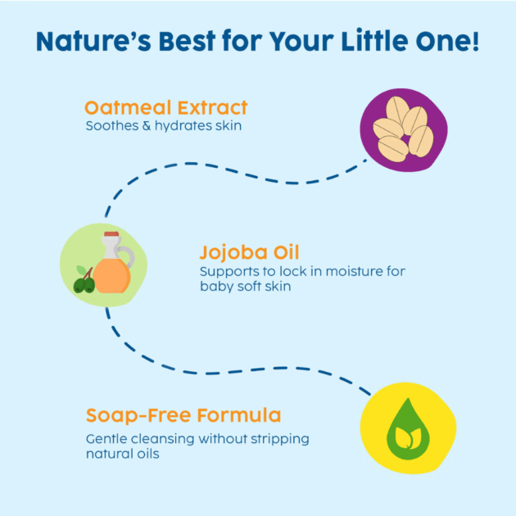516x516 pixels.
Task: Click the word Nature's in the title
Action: [x=93, y=41]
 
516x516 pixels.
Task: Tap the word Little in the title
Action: [x=374, y=41]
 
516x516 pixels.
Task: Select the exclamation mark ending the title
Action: [x=475, y=41]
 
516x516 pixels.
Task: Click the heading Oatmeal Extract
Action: [x=166, y=107]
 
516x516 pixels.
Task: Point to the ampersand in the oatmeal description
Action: [x=147, y=125]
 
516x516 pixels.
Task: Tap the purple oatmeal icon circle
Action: [x=404, y=130]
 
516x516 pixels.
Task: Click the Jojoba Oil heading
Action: [x=249, y=252]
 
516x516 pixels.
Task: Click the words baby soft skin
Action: [x=246, y=286]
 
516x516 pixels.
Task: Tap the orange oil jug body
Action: [x=111, y=276]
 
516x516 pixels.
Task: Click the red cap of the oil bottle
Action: [x=111, y=234]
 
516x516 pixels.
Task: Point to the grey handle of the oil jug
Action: [x=128, y=256]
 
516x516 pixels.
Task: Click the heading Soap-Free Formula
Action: [x=183, y=415]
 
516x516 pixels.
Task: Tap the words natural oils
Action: [x=122, y=454]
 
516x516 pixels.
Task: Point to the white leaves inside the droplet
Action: [x=408, y=438]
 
